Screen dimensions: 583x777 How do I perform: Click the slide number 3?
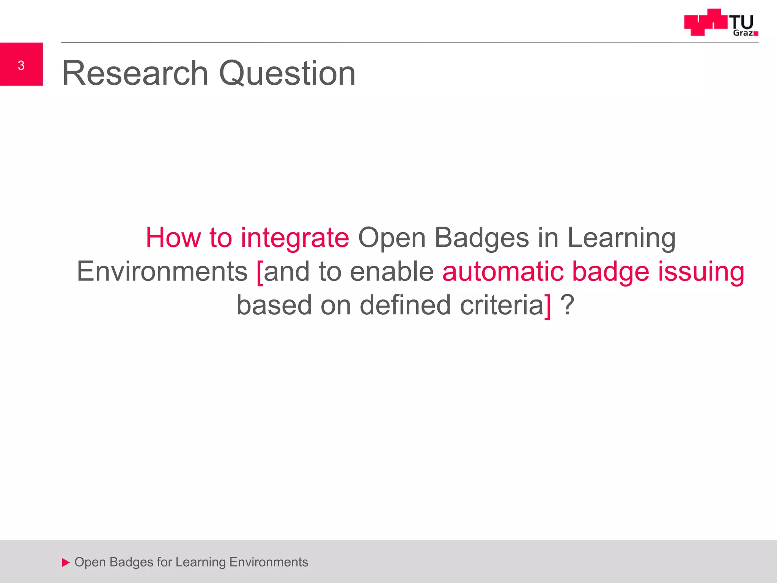[21, 65]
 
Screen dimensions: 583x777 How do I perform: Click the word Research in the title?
[135, 73]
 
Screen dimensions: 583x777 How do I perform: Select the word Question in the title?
[287, 74]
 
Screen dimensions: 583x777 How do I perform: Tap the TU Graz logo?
[720, 23]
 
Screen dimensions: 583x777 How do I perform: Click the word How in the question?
[173, 238]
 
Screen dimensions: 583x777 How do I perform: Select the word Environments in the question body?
[162, 271]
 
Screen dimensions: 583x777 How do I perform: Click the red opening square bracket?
[260, 273]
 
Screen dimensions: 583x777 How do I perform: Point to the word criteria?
[502, 305]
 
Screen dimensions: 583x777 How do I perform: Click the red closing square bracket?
[547, 306]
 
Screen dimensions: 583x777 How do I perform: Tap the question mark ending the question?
[568, 305]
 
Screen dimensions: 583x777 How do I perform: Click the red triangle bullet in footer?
[66, 563]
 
